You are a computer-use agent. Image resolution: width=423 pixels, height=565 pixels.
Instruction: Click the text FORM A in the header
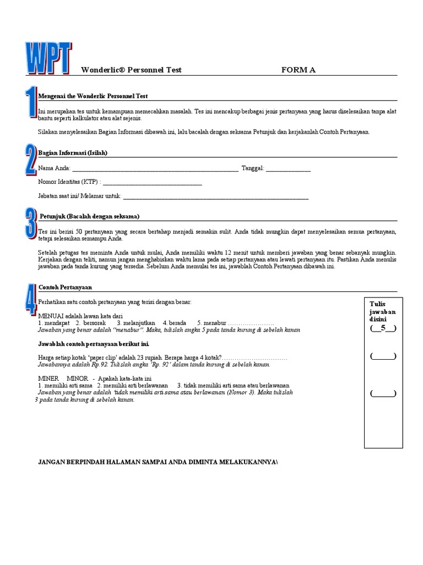coord(299,70)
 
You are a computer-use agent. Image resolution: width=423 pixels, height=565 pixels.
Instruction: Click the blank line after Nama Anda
coord(155,169)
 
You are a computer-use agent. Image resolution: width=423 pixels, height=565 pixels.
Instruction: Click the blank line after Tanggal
coord(289,169)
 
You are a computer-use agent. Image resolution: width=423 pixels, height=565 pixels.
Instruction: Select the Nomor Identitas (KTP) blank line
coord(153,183)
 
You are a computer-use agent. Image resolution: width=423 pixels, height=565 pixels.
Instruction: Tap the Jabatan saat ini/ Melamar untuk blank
coord(216,196)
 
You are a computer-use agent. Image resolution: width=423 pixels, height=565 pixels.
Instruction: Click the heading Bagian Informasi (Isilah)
coord(73,153)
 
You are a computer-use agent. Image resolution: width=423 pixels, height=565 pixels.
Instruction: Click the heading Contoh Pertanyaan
coord(65,287)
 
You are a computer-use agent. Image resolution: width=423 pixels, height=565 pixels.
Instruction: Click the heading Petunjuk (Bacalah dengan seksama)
coord(89,216)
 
